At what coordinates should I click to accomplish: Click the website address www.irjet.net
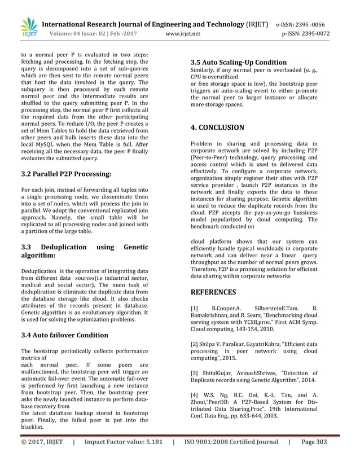pos(183,33)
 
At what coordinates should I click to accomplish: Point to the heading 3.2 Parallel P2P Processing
pos(66,174)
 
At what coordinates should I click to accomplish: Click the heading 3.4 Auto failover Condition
pos(65,336)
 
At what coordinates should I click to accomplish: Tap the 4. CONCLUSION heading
pos(217,128)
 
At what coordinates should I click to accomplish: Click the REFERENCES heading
pos(213,292)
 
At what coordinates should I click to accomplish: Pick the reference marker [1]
pos(195,308)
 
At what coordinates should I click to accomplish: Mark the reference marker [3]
pos(195,373)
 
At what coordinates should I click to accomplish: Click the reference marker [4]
pos(195,395)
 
